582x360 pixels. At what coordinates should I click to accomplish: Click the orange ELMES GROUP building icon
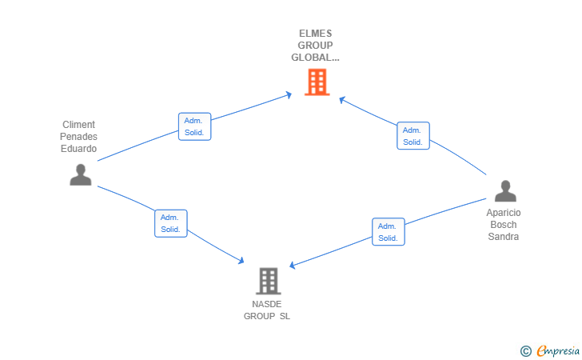point(317,82)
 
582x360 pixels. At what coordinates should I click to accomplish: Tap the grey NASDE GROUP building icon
point(268,281)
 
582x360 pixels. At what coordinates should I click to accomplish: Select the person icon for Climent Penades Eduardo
point(80,174)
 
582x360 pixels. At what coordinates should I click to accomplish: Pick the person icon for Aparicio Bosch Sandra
point(505,191)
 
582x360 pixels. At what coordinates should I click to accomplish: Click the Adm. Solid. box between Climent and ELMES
point(194,126)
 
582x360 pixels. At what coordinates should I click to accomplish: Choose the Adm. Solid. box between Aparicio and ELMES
point(413,136)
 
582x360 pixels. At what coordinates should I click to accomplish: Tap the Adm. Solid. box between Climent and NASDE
point(170,223)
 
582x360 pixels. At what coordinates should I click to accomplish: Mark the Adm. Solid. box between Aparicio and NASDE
point(388,232)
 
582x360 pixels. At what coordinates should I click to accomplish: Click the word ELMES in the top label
point(315,34)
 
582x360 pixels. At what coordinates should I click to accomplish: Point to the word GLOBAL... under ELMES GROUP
point(315,58)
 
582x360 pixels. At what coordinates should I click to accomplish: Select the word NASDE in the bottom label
point(268,304)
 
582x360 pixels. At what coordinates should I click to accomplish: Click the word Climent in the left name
point(78,125)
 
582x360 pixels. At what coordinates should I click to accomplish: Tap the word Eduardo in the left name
point(78,149)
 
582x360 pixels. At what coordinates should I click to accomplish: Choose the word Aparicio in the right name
point(504,213)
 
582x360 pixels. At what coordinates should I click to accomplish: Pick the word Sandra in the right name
point(504,237)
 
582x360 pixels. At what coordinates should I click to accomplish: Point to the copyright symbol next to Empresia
point(525,350)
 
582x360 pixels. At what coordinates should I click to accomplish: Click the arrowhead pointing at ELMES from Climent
point(289,95)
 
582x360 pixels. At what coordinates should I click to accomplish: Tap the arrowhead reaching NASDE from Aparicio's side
point(292,266)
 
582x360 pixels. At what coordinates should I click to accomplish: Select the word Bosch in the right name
point(504,225)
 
